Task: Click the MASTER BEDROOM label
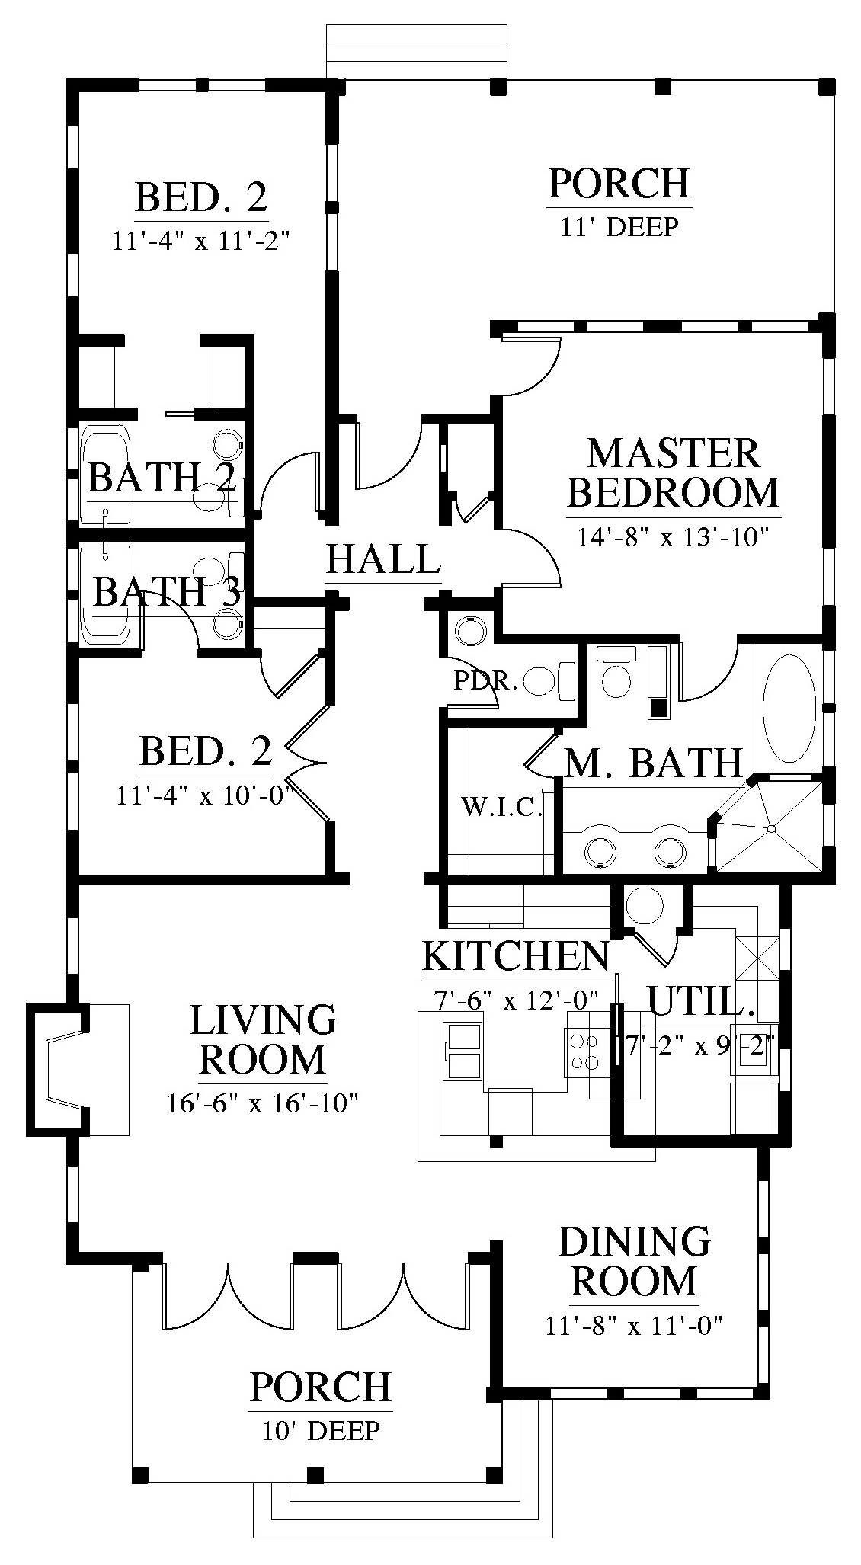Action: (674, 472)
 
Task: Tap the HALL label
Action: (383, 558)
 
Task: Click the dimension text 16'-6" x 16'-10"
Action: (262, 1103)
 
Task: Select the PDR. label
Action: (485, 680)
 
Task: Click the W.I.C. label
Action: (502, 806)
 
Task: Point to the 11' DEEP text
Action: (619, 226)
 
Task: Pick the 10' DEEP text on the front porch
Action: (320, 1430)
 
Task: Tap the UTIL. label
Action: (700, 1000)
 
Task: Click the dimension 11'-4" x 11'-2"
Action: (202, 241)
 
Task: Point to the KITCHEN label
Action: (516, 955)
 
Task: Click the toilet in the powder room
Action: (551, 680)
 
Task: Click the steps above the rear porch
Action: (417, 51)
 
